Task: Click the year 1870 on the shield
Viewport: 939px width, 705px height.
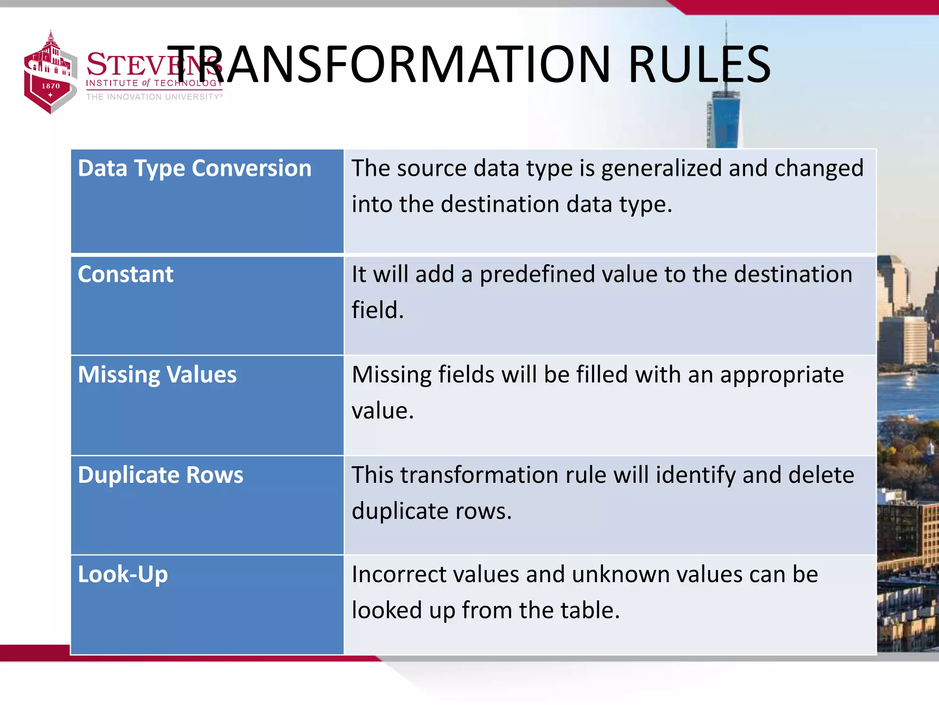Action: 50,86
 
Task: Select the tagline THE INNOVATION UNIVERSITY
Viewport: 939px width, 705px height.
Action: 154,97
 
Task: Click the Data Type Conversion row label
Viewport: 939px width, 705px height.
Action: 194,168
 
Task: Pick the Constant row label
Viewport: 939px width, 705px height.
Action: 125,274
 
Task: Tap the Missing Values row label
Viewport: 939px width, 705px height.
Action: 157,375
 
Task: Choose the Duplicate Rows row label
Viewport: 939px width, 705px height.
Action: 160,475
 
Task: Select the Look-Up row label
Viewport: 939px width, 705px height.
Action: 122,575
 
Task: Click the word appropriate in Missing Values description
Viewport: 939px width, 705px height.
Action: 781,375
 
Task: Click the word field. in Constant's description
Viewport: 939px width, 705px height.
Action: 377,310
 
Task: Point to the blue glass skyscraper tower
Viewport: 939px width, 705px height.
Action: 726,117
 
